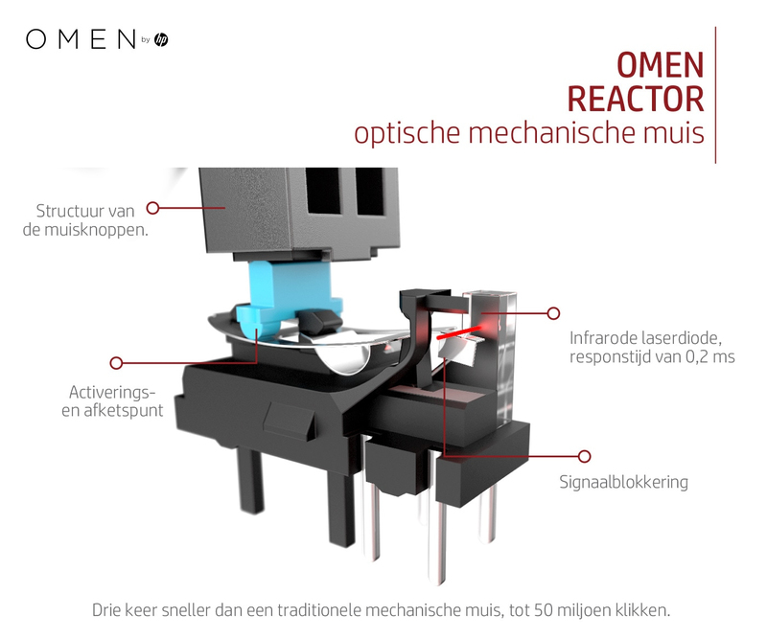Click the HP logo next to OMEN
click(x=161, y=39)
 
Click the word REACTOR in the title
click(x=636, y=100)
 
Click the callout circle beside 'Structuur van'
click(x=153, y=208)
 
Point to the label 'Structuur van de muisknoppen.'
click(x=85, y=220)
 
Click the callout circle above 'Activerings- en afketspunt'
click(x=116, y=363)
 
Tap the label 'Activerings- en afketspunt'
click(x=112, y=400)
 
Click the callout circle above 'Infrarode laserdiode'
click(x=553, y=313)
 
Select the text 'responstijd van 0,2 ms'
click(x=652, y=357)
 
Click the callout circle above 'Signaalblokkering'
click(x=584, y=456)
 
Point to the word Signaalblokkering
click(x=624, y=482)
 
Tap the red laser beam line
click(x=458, y=333)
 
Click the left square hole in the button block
click(x=323, y=192)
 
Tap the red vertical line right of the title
click(x=715, y=95)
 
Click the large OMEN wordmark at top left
click(x=81, y=39)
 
